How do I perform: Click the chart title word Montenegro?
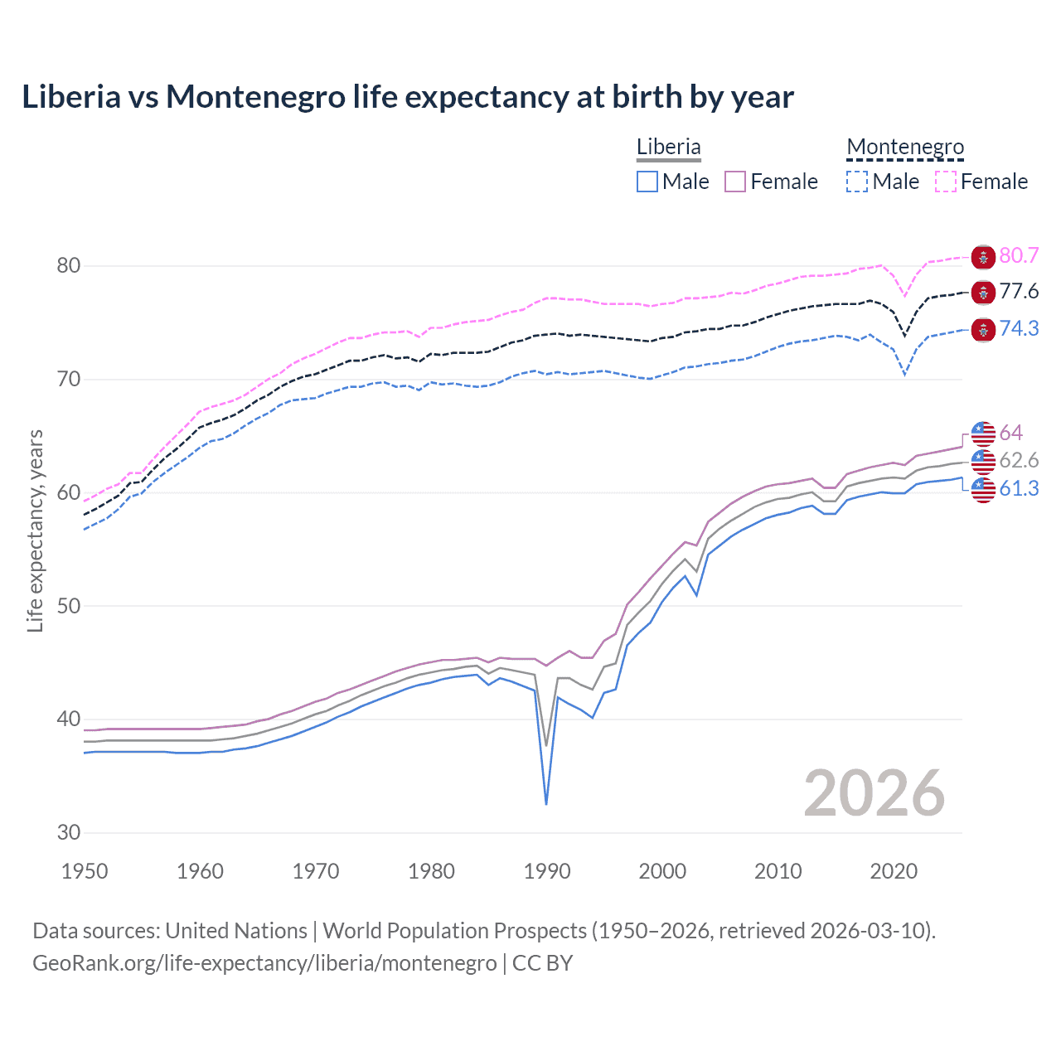[x=255, y=97]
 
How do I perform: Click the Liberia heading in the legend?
[x=668, y=147]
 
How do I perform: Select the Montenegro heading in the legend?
[x=905, y=147]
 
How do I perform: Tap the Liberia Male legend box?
[x=647, y=182]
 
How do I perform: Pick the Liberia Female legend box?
[x=735, y=182]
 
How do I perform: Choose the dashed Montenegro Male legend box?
[x=857, y=182]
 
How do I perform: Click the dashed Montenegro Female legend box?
[x=946, y=182]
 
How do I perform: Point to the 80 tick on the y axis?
[x=68, y=266]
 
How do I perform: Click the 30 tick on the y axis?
[x=68, y=833]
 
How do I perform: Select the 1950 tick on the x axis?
[x=85, y=871]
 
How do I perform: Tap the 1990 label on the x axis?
[x=547, y=871]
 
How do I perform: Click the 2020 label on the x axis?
[x=894, y=871]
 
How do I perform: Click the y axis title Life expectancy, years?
[x=35, y=530]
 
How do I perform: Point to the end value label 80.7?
[x=1019, y=255]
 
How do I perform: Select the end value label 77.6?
[x=1019, y=291]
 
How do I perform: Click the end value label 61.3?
[x=1019, y=488]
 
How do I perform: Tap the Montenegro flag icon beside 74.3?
[x=983, y=329]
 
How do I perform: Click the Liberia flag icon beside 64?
[x=983, y=433]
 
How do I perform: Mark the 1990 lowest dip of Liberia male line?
[x=546, y=803]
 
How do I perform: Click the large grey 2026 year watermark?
[x=874, y=793]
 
